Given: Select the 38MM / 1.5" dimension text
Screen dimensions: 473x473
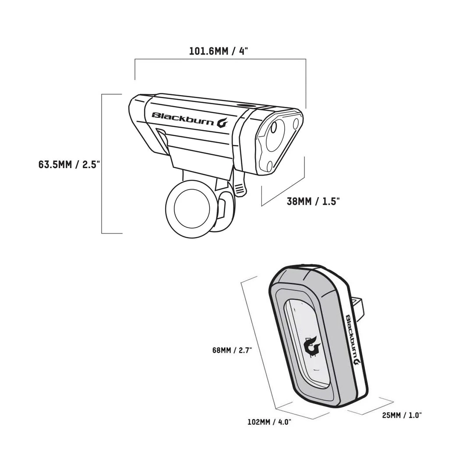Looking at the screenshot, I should [x=313, y=201].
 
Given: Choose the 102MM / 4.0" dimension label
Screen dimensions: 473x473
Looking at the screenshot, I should [x=269, y=422].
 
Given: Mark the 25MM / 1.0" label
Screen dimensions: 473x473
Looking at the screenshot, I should [x=402, y=415].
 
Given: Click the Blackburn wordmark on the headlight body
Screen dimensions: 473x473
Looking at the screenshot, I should [x=183, y=117].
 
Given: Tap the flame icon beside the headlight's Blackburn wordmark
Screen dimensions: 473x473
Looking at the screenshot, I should [x=223, y=122].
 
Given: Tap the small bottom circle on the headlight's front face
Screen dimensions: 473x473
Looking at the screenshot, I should [x=268, y=165].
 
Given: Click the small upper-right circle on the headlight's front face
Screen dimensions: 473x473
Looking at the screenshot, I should [x=296, y=122].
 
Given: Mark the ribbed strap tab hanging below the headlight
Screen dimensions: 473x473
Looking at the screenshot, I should [x=239, y=188].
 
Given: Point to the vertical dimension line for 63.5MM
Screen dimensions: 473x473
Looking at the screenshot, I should [x=102, y=163].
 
